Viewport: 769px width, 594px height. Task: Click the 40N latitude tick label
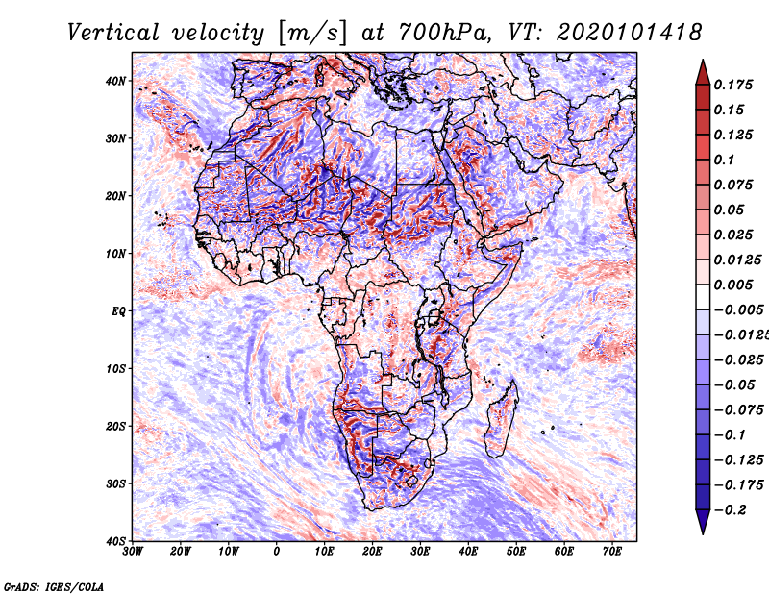coord(115,81)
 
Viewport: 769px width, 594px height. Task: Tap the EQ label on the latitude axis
coord(119,311)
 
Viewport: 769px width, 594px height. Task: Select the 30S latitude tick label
coord(115,484)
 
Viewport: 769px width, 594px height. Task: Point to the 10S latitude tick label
coord(115,369)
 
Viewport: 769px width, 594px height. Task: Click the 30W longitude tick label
coord(133,552)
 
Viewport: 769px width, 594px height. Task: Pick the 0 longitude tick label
coord(277,552)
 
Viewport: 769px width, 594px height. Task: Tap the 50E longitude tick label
coord(516,552)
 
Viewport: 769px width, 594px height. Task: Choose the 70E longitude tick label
coord(611,552)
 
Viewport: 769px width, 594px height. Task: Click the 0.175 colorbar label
coord(733,85)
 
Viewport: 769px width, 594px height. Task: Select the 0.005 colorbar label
coord(733,285)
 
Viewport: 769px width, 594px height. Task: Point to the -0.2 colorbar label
coord(730,510)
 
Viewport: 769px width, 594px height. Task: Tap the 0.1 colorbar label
coord(725,160)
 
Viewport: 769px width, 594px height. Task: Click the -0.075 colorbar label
coord(738,410)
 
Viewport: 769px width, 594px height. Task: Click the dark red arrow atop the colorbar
coord(703,73)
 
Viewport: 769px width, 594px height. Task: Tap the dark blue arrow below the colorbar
coord(703,522)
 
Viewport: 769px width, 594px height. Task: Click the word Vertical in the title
coord(113,33)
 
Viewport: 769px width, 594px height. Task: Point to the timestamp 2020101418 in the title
coord(630,33)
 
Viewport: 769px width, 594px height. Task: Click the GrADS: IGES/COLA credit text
coord(54,587)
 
